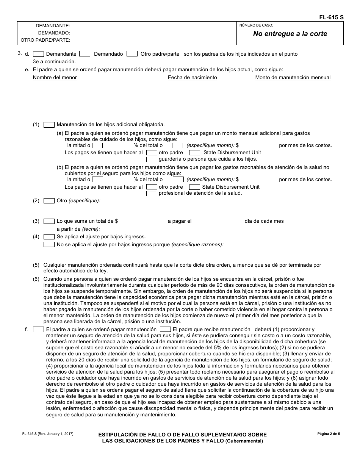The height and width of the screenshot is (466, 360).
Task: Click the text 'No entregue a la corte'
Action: pyautogui.click(x=290, y=34)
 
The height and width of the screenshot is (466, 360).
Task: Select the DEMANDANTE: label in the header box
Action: pyautogui.click(x=53, y=26)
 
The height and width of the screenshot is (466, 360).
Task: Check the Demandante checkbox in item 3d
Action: pyautogui.click(x=39, y=54)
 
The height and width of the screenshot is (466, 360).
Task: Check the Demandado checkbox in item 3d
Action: pyautogui.click(x=85, y=54)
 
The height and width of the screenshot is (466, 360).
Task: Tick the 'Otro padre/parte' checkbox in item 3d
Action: pyautogui.click(x=132, y=54)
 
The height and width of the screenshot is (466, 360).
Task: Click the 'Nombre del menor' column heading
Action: pyautogui.click(x=55, y=78)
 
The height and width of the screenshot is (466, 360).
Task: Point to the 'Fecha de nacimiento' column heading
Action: pyautogui.click(x=193, y=78)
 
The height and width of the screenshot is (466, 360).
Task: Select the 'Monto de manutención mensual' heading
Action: pyautogui.click(x=293, y=78)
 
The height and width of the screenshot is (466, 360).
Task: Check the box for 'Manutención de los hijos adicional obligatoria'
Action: pyautogui.click(x=49, y=125)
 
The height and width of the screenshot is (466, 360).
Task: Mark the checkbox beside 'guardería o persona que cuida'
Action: pyautogui.click(x=152, y=159)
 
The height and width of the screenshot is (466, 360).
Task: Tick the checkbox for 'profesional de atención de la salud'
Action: pyautogui.click(x=152, y=194)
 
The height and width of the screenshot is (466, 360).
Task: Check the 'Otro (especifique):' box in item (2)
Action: pyautogui.click(x=49, y=201)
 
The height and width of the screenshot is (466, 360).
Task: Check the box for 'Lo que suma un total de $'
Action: pyautogui.click(x=49, y=221)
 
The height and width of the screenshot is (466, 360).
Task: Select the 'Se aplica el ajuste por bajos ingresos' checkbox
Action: pyautogui.click(x=49, y=237)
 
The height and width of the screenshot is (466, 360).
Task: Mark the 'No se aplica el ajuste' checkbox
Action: pyautogui.click(x=49, y=245)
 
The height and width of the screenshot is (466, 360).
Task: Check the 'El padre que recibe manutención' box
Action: pyautogui.click(x=165, y=330)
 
